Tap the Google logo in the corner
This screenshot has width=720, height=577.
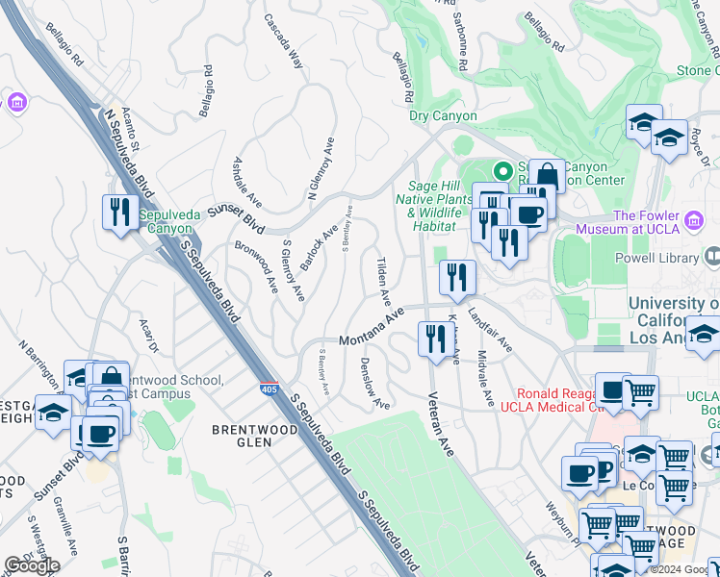click(x=32, y=565)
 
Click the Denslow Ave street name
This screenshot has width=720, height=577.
click(x=373, y=384)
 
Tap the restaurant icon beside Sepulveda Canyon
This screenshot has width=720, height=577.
click(x=120, y=212)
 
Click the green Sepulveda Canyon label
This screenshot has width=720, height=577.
click(x=171, y=222)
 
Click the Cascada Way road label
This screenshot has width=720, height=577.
click(x=284, y=39)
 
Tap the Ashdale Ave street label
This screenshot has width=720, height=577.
click(x=246, y=182)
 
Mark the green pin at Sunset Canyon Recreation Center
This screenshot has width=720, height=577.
click(x=501, y=172)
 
